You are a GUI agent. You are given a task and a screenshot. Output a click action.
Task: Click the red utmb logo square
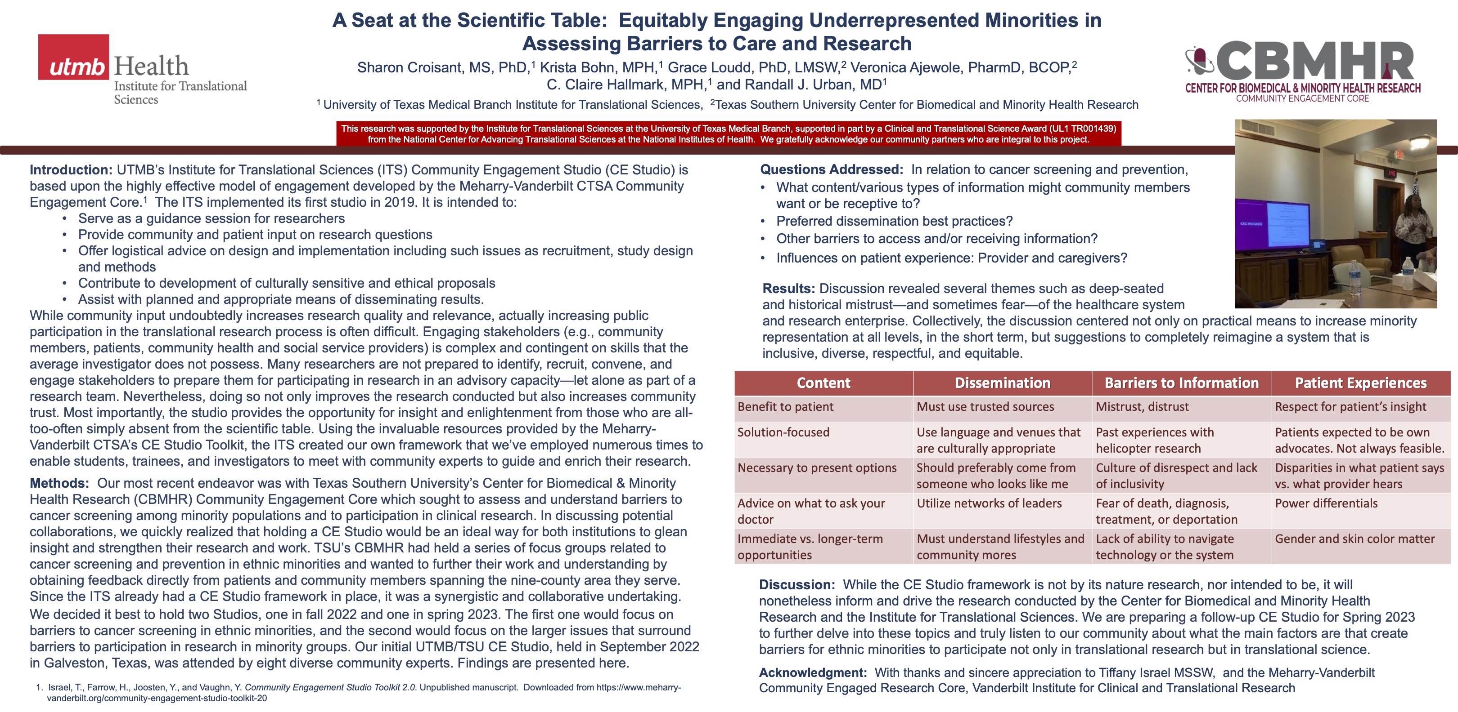74,57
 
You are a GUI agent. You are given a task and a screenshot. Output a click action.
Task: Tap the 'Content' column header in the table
823,383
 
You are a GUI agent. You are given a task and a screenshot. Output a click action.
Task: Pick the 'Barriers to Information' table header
1181,383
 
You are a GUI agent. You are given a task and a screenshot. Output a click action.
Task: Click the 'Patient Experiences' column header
1361,383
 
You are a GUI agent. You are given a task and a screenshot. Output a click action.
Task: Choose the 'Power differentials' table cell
1326,503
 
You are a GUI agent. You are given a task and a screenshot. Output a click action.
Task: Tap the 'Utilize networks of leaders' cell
989,503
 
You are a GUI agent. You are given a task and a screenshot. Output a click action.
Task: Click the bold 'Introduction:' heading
71,169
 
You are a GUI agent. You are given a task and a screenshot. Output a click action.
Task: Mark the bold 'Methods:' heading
59,484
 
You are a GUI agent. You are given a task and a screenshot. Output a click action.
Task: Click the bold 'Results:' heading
788,289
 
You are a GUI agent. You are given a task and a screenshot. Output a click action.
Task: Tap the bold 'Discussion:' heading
797,585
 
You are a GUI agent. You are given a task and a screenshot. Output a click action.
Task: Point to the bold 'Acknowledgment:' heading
813,673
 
